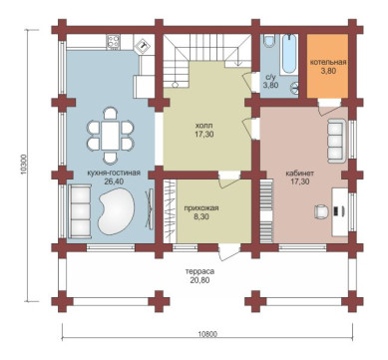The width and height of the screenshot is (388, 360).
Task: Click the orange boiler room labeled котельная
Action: (x=327, y=66)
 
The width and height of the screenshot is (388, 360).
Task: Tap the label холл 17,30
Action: (x=204, y=130)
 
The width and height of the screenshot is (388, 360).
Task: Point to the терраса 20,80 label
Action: (x=199, y=275)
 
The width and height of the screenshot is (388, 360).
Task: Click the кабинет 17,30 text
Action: (x=299, y=178)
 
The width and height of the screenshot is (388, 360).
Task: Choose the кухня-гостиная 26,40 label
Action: (x=114, y=177)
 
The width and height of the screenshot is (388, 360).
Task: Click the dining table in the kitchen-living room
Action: (x=110, y=136)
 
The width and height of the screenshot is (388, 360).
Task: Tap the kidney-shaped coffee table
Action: (x=116, y=210)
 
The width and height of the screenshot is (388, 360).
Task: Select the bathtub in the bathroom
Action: (x=289, y=54)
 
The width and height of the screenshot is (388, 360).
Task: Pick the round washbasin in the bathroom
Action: (x=294, y=88)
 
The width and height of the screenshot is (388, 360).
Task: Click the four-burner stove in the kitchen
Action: (x=114, y=42)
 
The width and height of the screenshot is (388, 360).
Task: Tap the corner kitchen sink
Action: (x=144, y=44)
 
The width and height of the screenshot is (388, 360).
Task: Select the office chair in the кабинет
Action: (x=321, y=211)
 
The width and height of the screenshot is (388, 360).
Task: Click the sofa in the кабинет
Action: (x=337, y=141)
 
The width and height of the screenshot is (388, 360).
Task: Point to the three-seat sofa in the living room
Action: (x=79, y=211)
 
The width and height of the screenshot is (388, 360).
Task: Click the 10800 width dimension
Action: (x=209, y=334)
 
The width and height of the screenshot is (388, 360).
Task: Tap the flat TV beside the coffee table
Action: (x=150, y=208)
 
